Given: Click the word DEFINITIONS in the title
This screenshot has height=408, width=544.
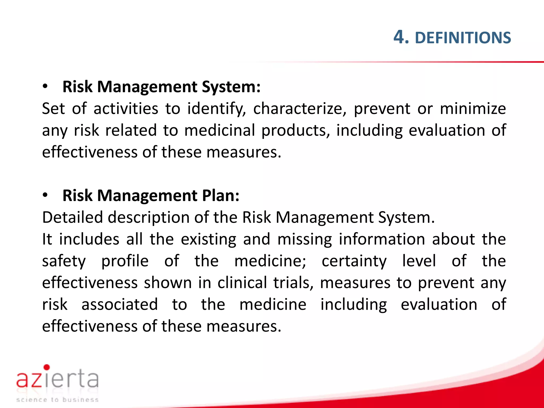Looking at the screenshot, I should (463, 38).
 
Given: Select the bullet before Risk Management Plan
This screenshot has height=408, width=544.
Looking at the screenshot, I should (45, 195).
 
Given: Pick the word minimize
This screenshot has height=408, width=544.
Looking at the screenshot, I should (473, 109).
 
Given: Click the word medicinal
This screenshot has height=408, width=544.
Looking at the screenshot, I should (219, 130).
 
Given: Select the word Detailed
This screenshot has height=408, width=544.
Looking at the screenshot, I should (72, 217).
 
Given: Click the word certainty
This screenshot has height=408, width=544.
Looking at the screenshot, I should (354, 261).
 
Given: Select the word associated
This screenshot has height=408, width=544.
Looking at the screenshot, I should (120, 304).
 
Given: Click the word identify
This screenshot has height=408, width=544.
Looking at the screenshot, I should (216, 109).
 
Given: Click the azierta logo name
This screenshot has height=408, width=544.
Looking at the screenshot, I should (57, 379).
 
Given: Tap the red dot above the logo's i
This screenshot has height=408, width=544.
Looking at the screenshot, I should (47, 367).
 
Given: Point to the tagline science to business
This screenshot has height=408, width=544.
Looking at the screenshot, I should (57, 399).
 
